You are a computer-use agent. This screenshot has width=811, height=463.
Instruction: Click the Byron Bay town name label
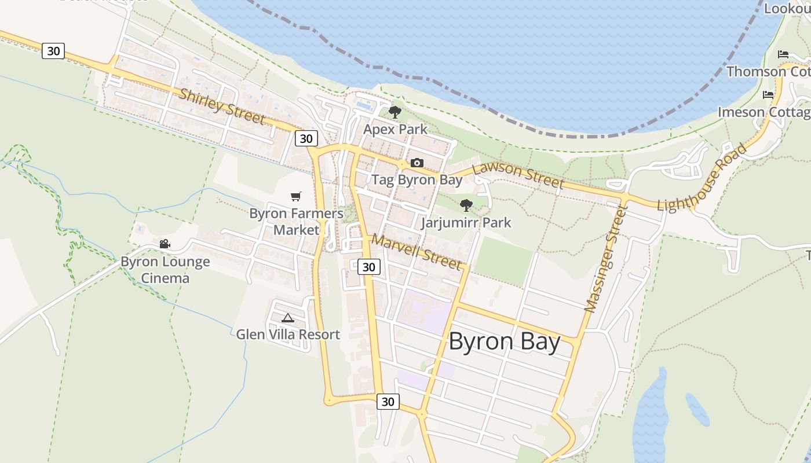(504, 341)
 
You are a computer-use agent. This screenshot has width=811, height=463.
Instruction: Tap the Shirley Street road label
(222, 106)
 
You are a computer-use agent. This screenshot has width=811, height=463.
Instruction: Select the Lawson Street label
(518, 175)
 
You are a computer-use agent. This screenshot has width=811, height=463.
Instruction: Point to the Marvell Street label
(417, 251)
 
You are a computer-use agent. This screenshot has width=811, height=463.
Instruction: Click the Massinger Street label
(606, 260)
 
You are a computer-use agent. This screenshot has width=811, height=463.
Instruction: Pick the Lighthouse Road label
(702, 178)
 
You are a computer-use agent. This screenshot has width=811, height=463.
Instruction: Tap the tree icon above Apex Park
(395, 112)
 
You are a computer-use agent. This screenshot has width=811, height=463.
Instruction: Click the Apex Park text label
(395, 129)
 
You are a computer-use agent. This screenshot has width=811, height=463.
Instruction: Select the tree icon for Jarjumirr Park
(466, 205)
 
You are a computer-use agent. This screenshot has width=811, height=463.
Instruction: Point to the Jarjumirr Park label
(466, 222)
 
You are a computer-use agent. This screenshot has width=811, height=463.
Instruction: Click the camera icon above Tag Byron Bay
(417, 163)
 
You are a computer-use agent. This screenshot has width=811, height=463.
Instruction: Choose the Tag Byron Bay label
(417, 179)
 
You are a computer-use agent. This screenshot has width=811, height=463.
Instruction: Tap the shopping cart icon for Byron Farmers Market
(296, 196)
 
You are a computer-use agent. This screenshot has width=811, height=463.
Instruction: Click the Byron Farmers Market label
(296, 222)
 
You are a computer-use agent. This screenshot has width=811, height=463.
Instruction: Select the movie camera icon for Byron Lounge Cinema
(165, 244)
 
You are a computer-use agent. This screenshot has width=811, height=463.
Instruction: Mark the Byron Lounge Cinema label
(165, 270)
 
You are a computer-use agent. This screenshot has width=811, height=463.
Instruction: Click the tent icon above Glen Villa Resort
(288, 318)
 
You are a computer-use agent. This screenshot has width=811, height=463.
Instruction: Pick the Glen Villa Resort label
(288, 335)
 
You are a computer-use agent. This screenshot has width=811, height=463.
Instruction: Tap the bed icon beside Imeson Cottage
(768, 94)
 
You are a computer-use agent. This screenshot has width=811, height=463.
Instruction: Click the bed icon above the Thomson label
(783, 54)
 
